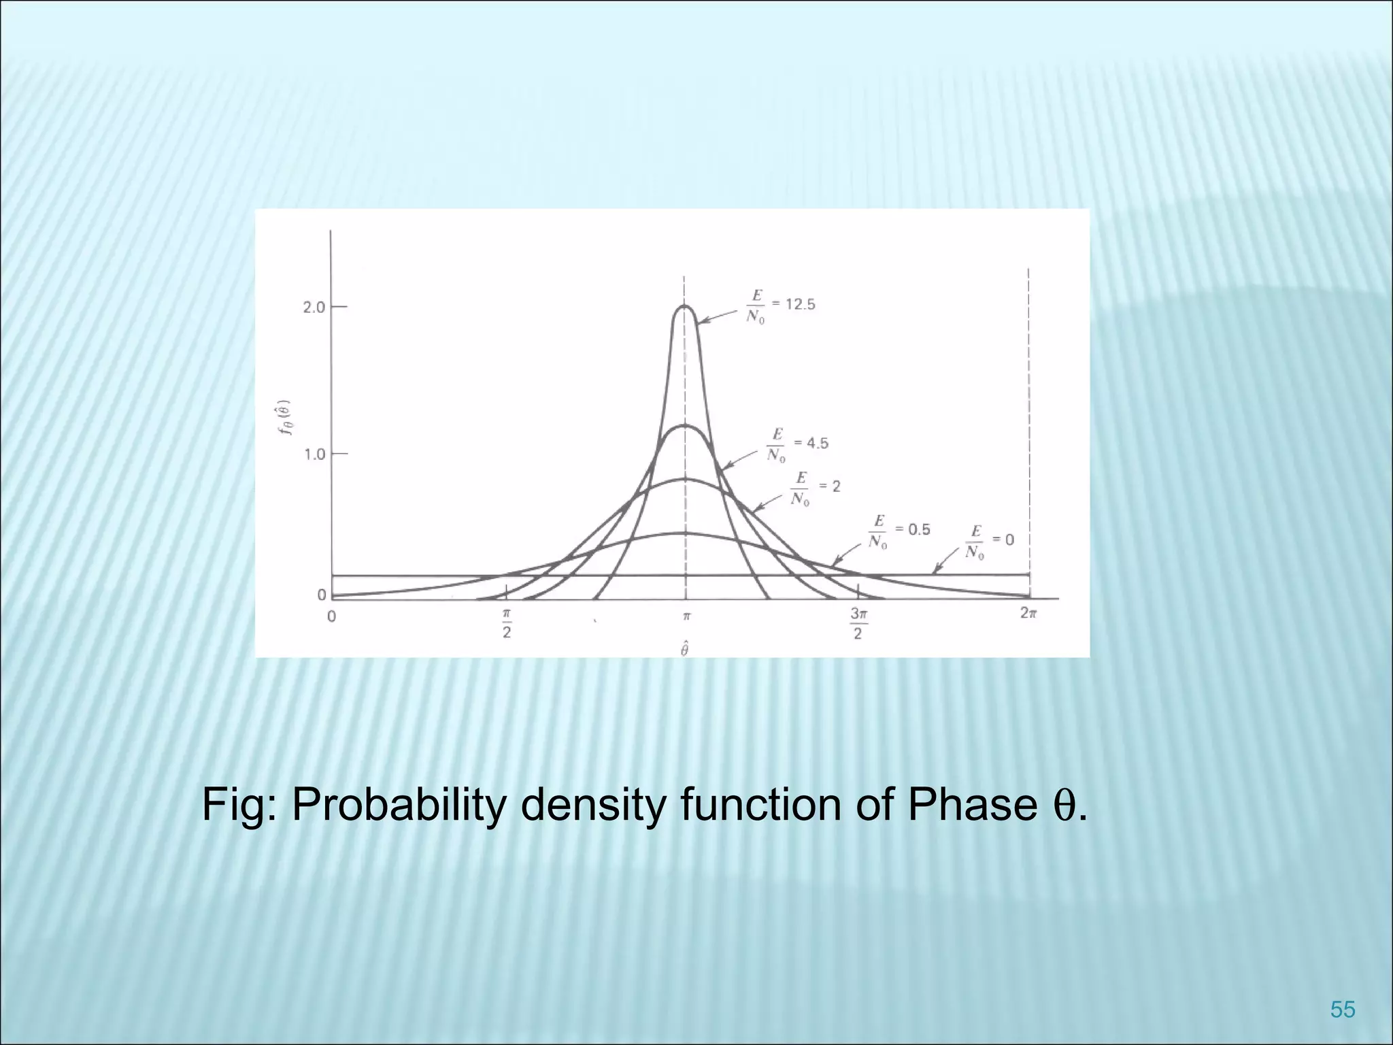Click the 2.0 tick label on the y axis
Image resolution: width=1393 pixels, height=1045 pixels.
coord(314,307)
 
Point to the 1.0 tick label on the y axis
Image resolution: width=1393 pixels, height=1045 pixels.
coord(314,454)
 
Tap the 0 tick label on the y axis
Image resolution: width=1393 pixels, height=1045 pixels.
coord(321,595)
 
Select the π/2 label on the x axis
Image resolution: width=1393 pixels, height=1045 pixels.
coord(507,623)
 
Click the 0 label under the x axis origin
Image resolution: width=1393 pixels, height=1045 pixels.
coord(331,617)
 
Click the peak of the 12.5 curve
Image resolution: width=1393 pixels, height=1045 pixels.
coord(685,307)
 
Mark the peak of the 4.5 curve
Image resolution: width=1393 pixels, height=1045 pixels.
coord(685,426)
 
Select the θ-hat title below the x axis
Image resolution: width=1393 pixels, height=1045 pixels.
coord(684,648)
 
